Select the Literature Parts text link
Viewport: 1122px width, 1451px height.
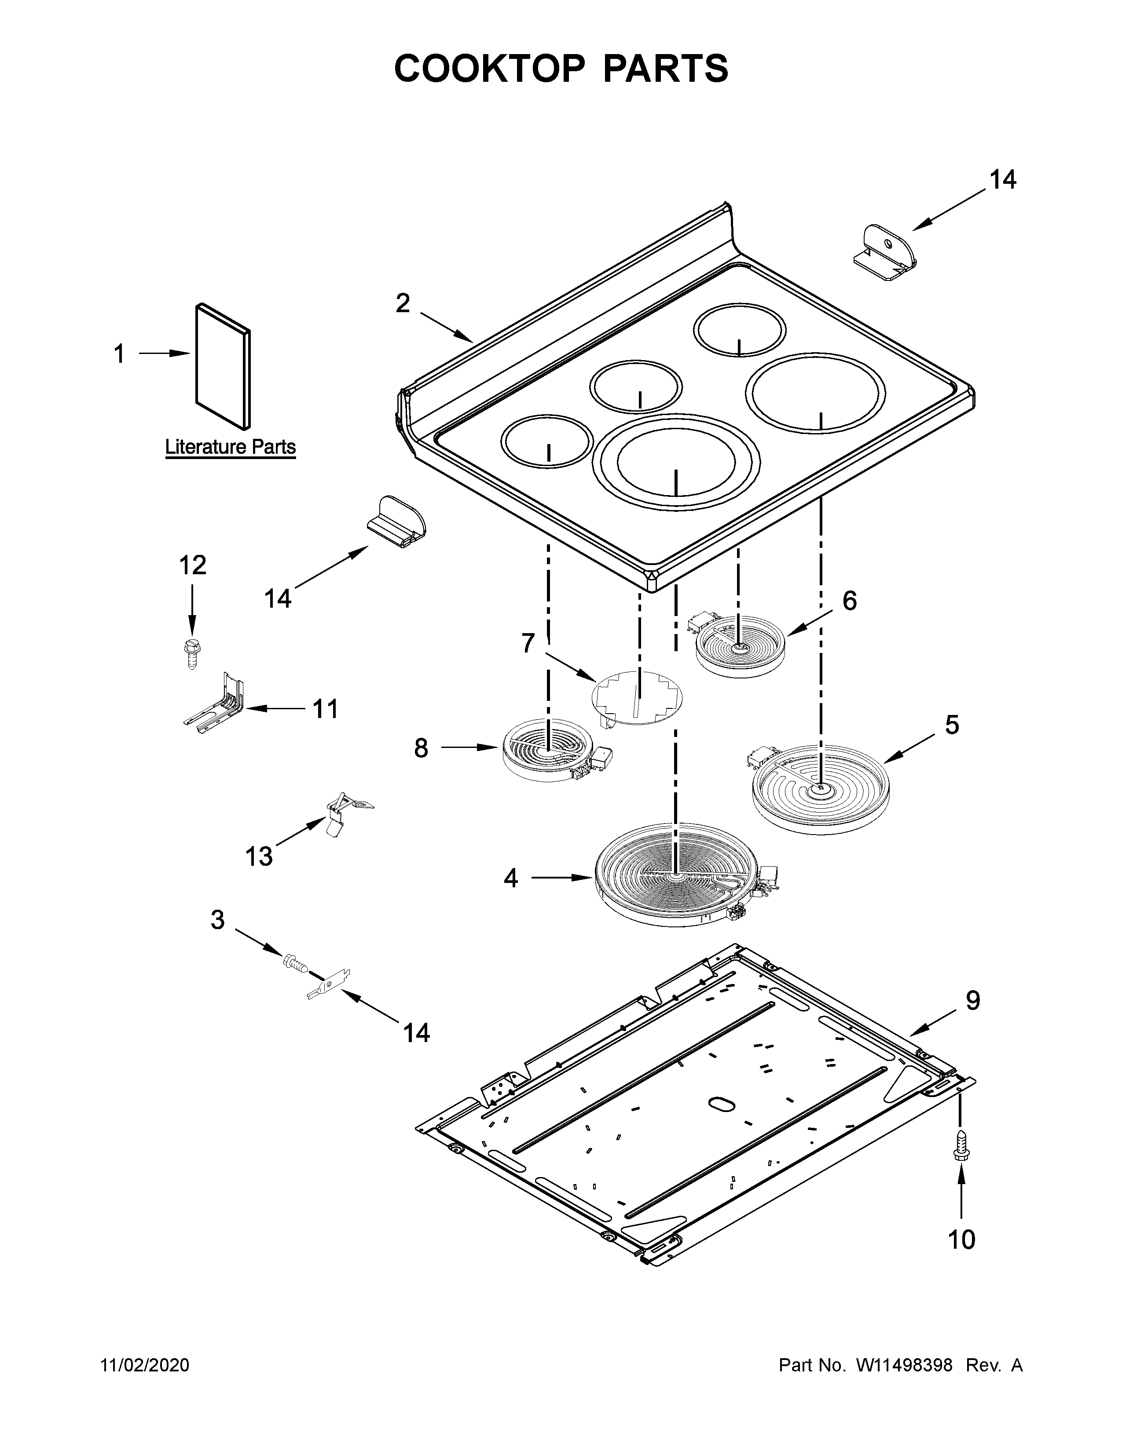click(230, 447)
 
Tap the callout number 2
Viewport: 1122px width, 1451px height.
click(403, 304)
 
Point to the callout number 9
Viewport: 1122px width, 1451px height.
click(972, 1018)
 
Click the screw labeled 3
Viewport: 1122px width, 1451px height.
click(294, 963)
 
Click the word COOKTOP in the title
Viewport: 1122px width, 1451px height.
click(490, 69)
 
